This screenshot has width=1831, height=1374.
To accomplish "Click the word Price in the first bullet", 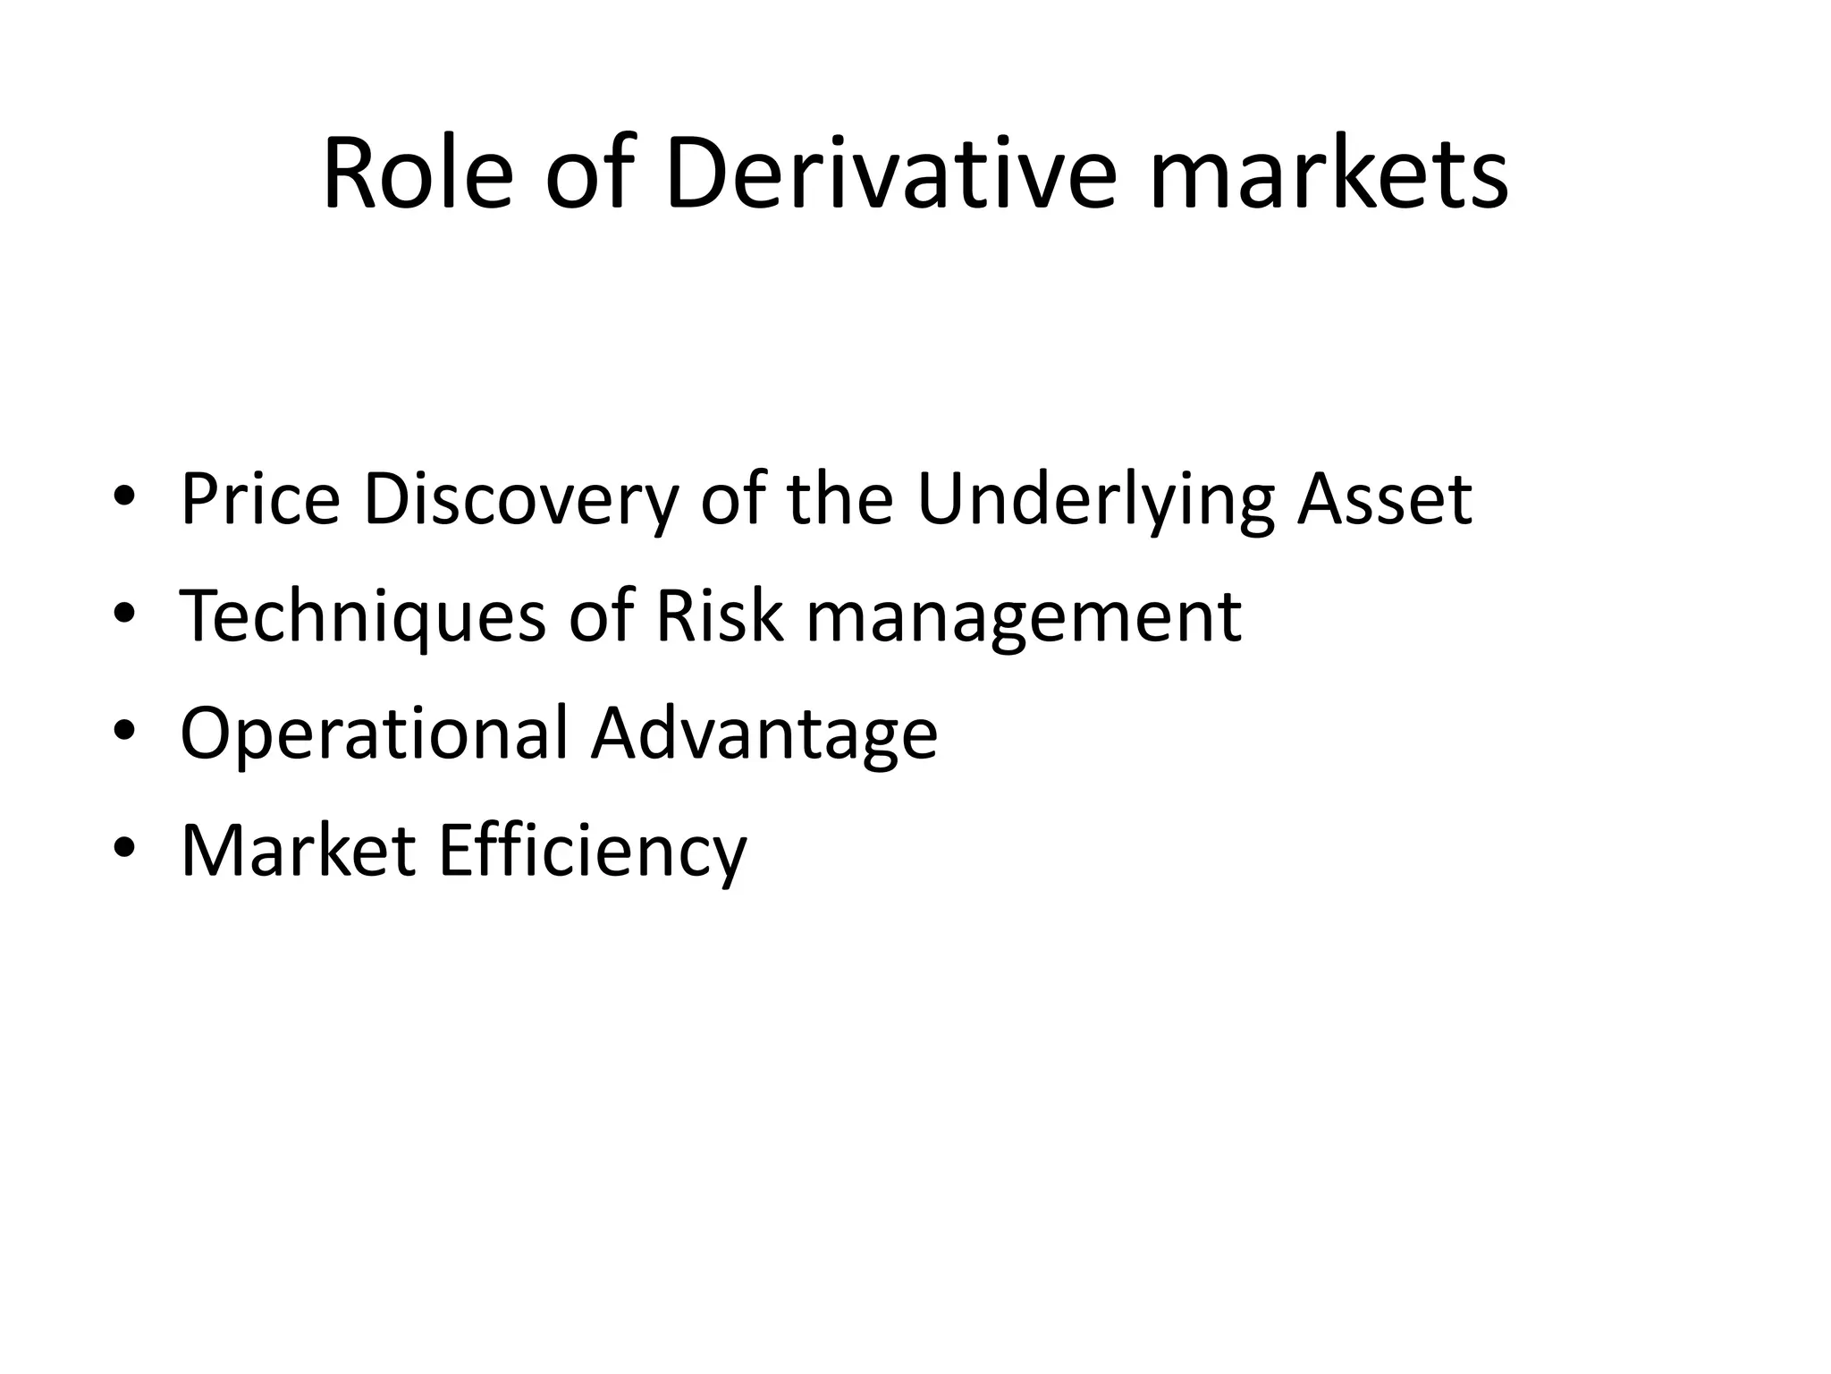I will pos(260,499).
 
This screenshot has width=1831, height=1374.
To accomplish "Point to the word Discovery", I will pos(521,499).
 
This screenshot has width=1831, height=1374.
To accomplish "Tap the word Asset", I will pos(1384,499).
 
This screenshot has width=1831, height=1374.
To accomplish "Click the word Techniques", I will pos(363,616).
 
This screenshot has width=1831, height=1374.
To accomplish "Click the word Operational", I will pos(374,734).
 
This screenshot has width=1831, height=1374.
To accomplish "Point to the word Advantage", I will pos(764,734).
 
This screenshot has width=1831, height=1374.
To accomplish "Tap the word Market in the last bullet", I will pos(298,850).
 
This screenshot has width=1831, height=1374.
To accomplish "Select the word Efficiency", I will pos(592,850).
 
